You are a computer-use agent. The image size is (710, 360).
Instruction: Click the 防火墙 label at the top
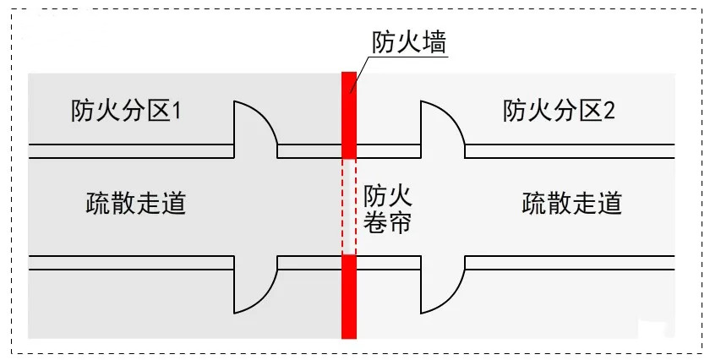click(x=409, y=42)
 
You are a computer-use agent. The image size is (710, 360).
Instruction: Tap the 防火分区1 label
click(x=127, y=112)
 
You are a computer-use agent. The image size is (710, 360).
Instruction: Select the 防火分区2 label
click(x=559, y=112)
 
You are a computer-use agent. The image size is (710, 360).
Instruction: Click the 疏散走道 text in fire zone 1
click(x=136, y=203)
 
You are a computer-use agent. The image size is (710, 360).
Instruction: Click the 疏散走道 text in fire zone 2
click(x=572, y=203)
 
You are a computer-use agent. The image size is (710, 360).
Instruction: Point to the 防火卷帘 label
click(x=388, y=210)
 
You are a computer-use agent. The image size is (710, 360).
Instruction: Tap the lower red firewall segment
click(x=348, y=296)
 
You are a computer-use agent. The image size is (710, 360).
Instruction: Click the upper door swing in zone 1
click(x=253, y=127)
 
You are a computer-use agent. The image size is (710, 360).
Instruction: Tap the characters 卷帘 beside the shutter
click(x=388, y=224)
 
